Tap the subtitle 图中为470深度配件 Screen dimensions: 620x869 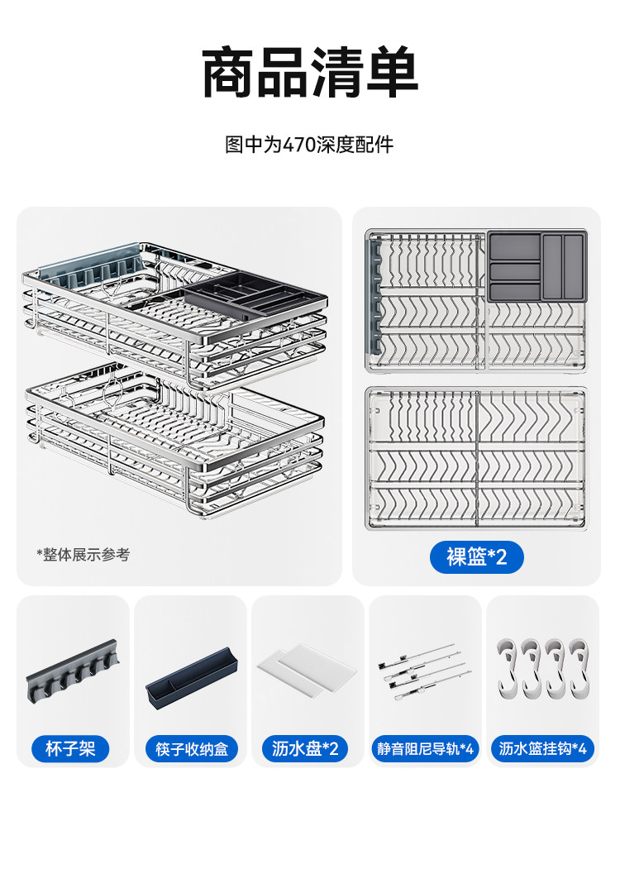pos(310,146)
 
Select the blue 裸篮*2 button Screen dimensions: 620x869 pos(476,556)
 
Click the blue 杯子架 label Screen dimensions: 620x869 pos(71,749)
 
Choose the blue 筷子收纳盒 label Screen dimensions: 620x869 pos(191,749)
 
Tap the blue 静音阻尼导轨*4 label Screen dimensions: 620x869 pos(425,749)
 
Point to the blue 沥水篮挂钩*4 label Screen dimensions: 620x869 pos(543,749)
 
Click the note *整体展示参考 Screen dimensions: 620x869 pos(83,555)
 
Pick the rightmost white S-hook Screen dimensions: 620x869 pos(580,666)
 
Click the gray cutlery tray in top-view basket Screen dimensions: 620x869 pos(537,265)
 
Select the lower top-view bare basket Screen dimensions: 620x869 pos(476,458)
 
